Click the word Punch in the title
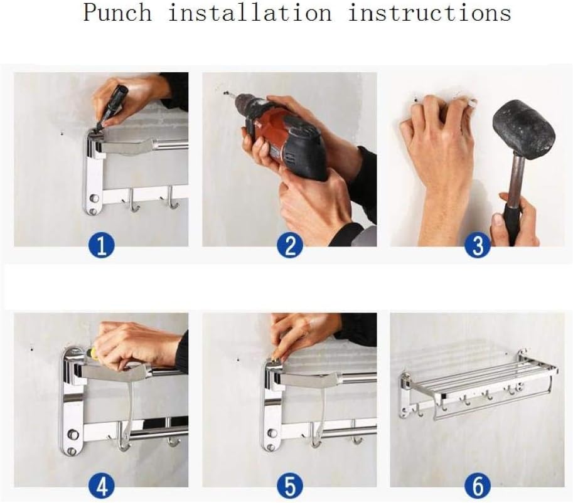click(x=117, y=13)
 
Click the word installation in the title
click(x=250, y=13)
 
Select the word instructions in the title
click(x=429, y=13)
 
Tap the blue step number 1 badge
click(x=102, y=245)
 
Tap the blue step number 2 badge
click(x=290, y=245)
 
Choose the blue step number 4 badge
click(x=102, y=486)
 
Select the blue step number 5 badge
click(x=290, y=486)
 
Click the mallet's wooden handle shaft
click(x=518, y=179)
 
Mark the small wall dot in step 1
click(x=62, y=134)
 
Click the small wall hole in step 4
click(x=32, y=349)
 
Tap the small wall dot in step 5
click(x=238, y=359)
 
